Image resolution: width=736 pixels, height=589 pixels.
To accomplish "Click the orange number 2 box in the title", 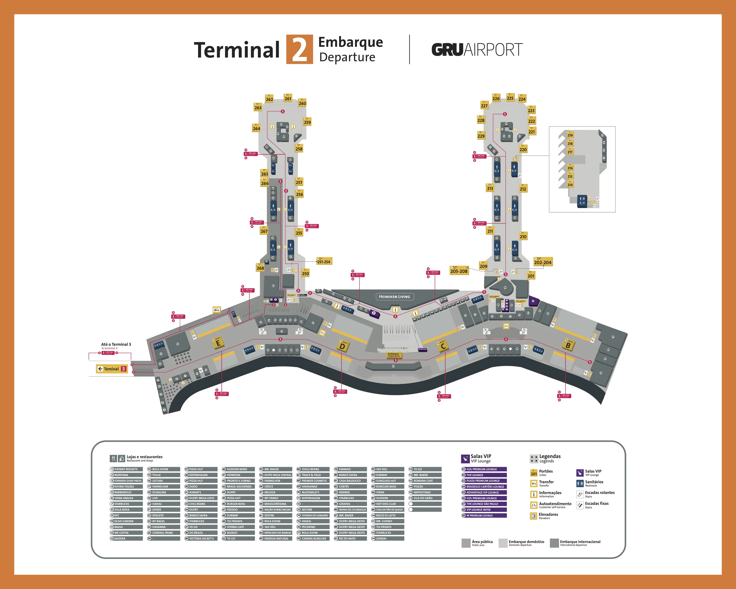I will coord(299,50).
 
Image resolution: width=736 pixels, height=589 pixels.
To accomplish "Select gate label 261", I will coord(288,98).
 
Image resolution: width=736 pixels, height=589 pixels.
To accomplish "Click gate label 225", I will coord(510,98).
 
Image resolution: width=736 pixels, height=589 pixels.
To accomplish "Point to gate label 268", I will coord(260,268).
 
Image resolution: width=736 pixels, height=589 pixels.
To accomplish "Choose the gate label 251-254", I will coord(324,262).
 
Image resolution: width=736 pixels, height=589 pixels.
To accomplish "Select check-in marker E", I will coord(218,343).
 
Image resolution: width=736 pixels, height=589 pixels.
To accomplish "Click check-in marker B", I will coord(568,345).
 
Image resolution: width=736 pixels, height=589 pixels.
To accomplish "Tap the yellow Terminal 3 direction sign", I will coord(112,369).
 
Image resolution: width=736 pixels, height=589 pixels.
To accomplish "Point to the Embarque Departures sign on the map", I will coord(394,355).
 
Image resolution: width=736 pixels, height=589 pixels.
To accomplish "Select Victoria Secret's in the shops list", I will coord(201,538).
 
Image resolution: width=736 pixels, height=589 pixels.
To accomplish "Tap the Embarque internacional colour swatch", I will coord(554,543).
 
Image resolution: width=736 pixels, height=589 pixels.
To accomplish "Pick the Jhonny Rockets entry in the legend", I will coord(126,469).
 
